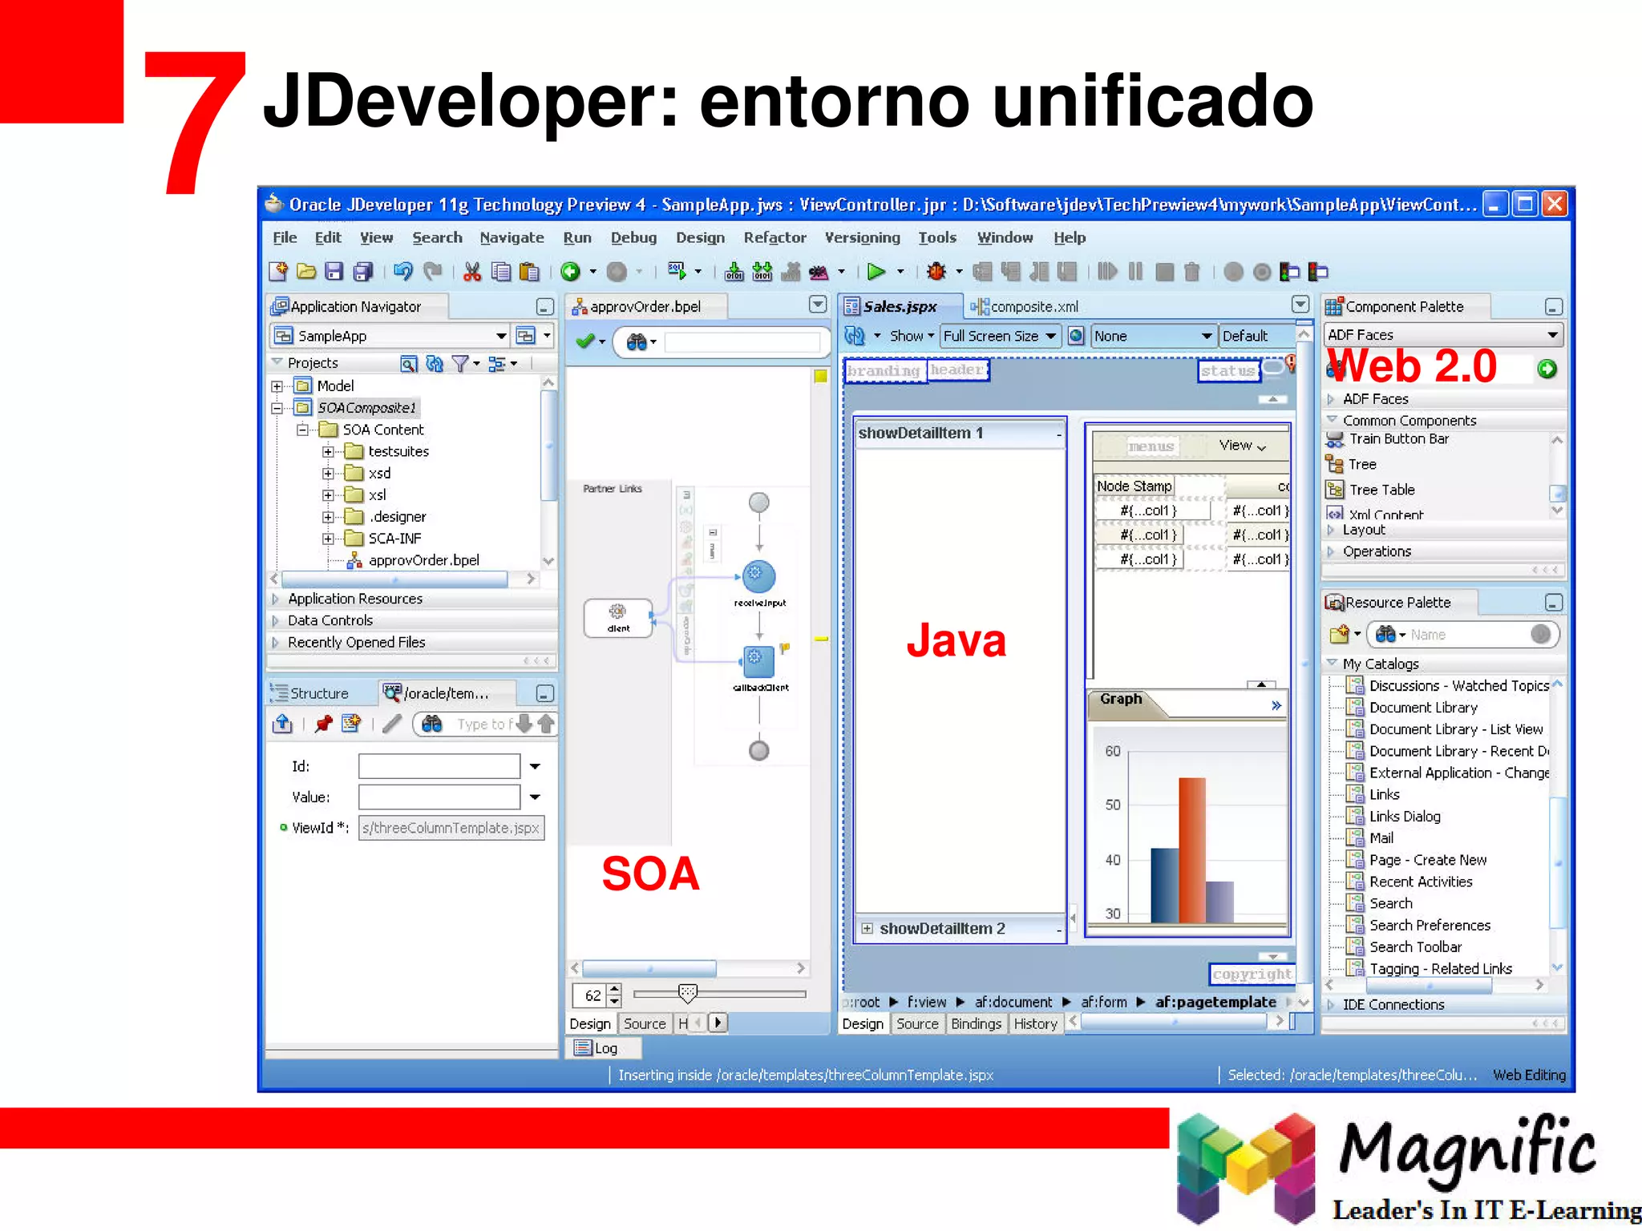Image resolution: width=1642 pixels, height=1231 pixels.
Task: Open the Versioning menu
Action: pos(862,238)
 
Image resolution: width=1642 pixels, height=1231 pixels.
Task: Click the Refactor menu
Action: pos(774,238)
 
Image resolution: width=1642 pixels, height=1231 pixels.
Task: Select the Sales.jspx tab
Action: pos(900,307)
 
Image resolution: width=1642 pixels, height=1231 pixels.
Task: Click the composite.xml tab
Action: pos(1033,307)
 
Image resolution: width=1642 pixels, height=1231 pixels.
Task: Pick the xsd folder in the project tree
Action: pos(379,474)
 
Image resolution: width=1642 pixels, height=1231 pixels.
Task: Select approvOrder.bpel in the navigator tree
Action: pos(423,561)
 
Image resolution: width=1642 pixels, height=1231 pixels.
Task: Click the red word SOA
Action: pos(650,874)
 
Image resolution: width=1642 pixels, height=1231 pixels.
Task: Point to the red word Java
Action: pos(956,641)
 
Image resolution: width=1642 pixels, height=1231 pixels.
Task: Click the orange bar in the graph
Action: pos(1191,850)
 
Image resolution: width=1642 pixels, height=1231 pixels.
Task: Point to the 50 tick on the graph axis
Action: pos(1113,805)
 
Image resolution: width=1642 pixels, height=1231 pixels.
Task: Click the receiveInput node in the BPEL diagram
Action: pos(758,577)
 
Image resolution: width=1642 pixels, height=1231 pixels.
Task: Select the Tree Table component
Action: pos(1381,490)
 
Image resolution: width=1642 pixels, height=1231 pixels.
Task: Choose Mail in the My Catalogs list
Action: pos(1381,838)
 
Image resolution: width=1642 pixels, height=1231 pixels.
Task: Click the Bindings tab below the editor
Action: pos(976,1024)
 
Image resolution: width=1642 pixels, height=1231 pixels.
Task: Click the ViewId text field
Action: pos(451,828)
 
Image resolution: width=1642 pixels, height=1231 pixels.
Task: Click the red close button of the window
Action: pos(1555,204)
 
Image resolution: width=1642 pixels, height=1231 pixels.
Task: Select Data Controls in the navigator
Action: pos(330,621)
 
